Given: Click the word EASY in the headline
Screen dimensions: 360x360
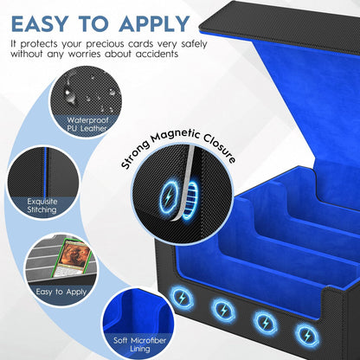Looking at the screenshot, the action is [39, 23].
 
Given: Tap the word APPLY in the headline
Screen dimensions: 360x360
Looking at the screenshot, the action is [154, 23].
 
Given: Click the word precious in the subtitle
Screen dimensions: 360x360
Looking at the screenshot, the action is [106, 44].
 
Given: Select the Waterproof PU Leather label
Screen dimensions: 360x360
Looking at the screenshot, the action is [87, 124].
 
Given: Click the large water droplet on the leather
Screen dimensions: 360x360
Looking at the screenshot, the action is [68, 93].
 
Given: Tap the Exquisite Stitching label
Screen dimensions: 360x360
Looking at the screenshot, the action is [42, 205].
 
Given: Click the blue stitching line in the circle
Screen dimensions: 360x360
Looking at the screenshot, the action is [46, 172].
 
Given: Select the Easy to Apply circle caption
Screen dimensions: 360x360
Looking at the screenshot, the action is [61, 292].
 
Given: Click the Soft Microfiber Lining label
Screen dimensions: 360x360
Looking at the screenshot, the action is [140, 344].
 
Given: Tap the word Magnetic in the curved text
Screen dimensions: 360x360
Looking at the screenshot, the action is [176, 137].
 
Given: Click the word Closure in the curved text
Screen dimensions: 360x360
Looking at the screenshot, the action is [219, 148].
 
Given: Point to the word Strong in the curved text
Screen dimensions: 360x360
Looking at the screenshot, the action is [135, 154].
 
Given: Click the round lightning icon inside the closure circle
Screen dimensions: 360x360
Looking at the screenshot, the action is [169, 197].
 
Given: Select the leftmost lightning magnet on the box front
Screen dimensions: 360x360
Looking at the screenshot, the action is [182, 298].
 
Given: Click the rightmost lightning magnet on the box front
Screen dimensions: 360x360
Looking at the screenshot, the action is [307, 336].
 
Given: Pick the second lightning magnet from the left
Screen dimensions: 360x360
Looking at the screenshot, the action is [223, 310].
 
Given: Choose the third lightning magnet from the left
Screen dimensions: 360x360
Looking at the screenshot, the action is [266, 323].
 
